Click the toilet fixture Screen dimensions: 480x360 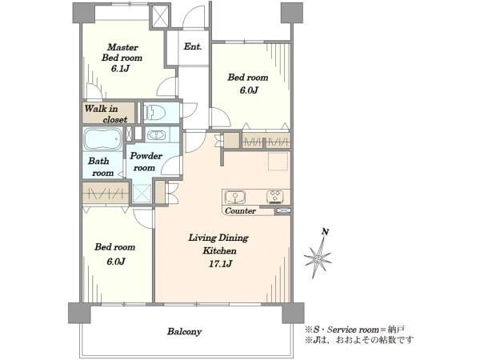coord(154,112)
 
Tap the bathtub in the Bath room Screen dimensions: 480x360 coord(102,139)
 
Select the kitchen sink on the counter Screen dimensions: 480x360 coord(234,197)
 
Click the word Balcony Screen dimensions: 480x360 coord(184,331)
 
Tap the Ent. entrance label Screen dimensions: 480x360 coord(193,46)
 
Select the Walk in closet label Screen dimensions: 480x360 coord(106,114)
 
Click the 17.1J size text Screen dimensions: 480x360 coord(219,263)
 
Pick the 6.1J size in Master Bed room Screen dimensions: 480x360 coord(120,68)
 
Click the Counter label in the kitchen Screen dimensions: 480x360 coord(240,211)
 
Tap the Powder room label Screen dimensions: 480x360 coord(146,162)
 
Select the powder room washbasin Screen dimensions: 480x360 coord(157,135)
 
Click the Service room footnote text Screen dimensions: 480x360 coord(354,330)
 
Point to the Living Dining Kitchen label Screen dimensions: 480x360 coord(218,244)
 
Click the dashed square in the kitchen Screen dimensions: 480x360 coord(278,161)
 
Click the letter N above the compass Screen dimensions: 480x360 coord(325,232)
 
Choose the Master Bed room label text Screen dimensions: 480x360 coord(122,52)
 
